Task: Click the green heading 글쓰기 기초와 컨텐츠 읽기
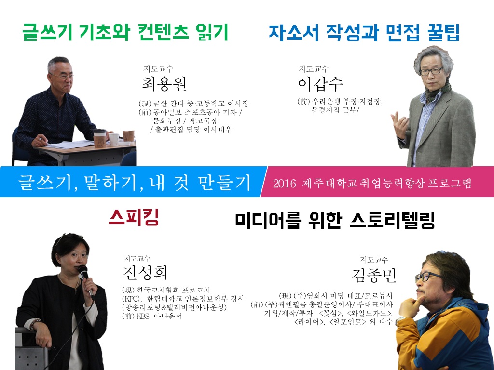[125, 33]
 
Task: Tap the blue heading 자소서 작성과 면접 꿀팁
[364, 33]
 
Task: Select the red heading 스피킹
[134, 218]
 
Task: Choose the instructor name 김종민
[374, 276]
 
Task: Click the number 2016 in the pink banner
[284, 184]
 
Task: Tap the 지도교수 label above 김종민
[374, 260]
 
